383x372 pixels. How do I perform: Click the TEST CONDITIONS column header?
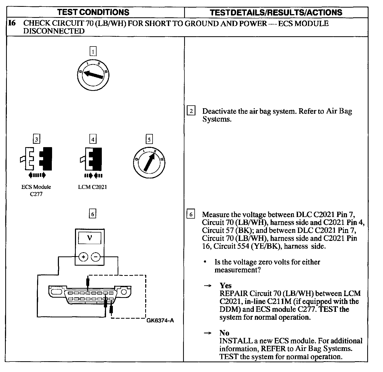click(x=93, y=12)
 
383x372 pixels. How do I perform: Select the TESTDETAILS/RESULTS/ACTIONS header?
click(x=276, y=12)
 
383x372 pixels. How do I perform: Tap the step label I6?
click(x=12, y=23)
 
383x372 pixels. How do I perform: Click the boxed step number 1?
click(x=93, y=51)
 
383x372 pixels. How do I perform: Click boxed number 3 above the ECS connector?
click(x=37, y=139)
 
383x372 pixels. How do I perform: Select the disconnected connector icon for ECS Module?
click(x=36, y=159)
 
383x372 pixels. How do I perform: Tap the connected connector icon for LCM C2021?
click(x=92, y=159)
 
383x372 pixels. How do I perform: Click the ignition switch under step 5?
click(x=149, y=162)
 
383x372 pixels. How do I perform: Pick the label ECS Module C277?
click(x=36, y=190)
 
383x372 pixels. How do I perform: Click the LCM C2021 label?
click(x=93, y=187)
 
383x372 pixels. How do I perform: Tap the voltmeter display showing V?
click(x=90, y=238)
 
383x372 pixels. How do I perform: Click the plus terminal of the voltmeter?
click(x=83, y=257)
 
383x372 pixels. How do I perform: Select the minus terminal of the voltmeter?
click(x=96, y=257)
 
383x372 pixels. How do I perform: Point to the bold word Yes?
click(x=226, y=286)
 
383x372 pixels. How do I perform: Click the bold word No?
click(x=224, y=333)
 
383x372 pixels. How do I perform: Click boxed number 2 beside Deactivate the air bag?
click(x=191, y=111)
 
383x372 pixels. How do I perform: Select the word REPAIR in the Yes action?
click(x=234, y=293)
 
